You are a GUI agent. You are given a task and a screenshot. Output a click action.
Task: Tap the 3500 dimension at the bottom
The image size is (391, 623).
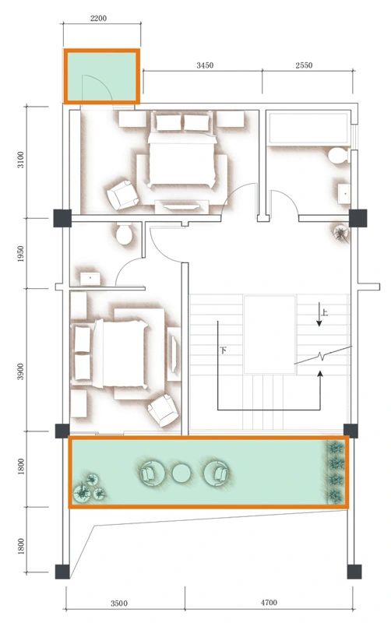tap(119, 603)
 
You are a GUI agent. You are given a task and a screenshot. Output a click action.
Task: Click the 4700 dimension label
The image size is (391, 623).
tap(269, 603)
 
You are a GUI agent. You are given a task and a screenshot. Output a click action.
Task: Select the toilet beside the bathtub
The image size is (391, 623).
tap(337, 156)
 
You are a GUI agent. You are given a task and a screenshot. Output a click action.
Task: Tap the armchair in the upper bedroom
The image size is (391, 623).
tap(121, 194)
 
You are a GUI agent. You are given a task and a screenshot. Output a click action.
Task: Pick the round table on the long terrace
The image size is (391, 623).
tap(182, 472)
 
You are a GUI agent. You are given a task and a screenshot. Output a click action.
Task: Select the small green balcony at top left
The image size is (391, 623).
tap(101, 76)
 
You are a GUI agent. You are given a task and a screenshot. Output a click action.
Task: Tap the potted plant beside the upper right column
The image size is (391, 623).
tap(340, 232)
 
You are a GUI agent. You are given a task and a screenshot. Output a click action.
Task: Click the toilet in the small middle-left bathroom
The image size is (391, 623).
tap(122, 234)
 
